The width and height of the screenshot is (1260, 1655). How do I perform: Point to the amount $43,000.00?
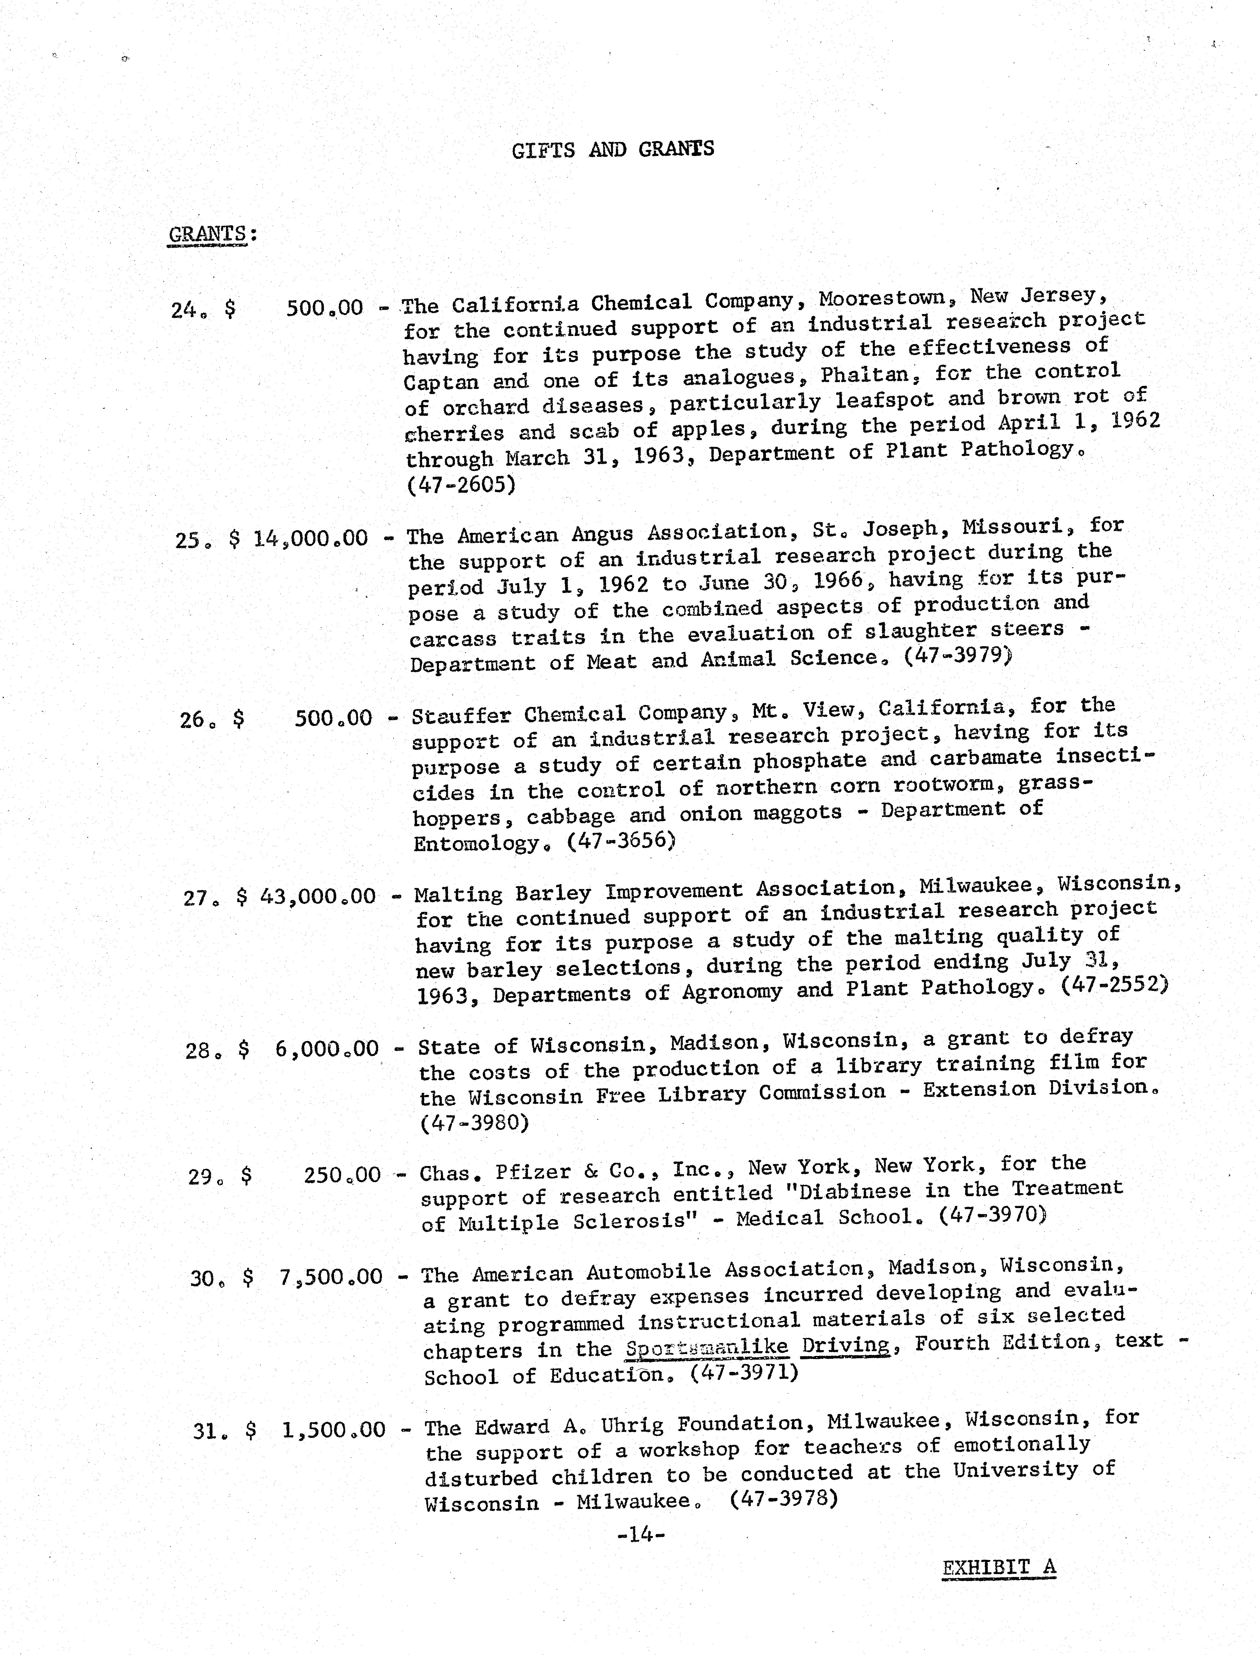[317, 896]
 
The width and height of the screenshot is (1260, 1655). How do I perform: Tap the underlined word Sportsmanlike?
[706, 1348]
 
